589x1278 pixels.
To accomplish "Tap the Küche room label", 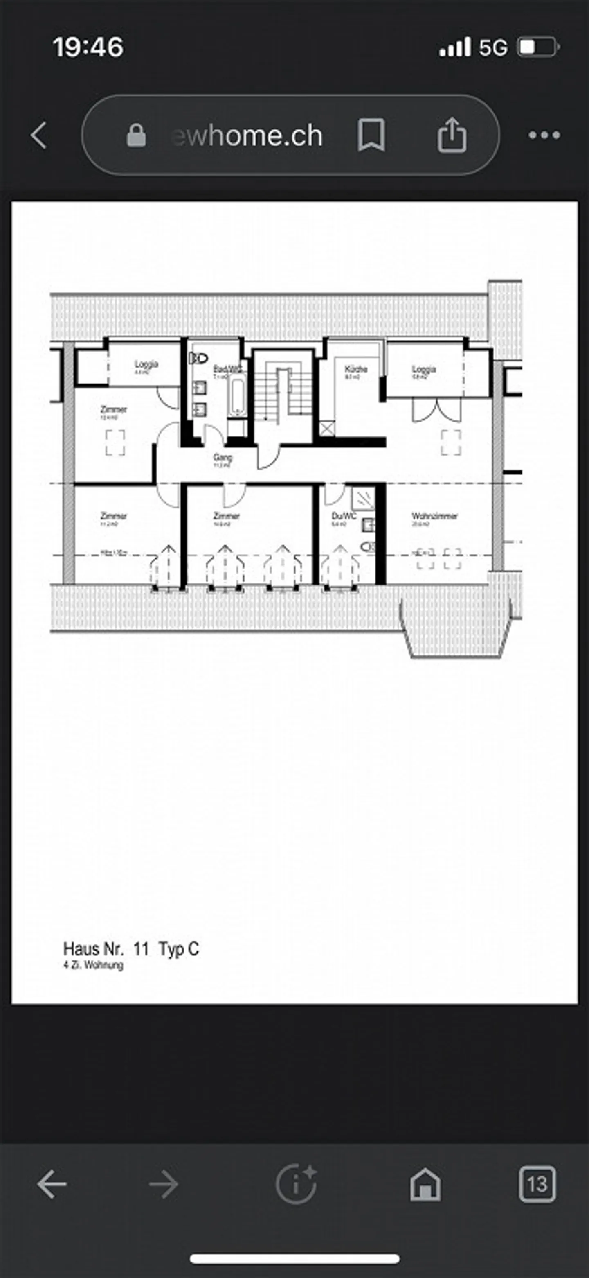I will pos(355,370).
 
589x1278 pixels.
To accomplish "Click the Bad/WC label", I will pos(227,370).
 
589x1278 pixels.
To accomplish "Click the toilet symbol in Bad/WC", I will pos(198,358).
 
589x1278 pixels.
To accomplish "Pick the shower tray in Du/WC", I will pos(363,499).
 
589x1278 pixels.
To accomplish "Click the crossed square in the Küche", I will pos(326,429).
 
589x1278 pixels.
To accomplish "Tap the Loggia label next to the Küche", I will pos(423,370).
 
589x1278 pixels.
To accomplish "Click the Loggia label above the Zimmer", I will pos(146,365).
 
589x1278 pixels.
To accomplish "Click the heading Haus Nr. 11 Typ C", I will pos(131,949).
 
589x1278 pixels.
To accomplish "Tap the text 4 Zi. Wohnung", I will pos(93,965).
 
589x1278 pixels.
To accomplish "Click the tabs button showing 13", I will pos(537,1184).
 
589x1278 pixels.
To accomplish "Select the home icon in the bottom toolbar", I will pos(425,1184).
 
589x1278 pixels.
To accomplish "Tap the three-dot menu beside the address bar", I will pos(544,135).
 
